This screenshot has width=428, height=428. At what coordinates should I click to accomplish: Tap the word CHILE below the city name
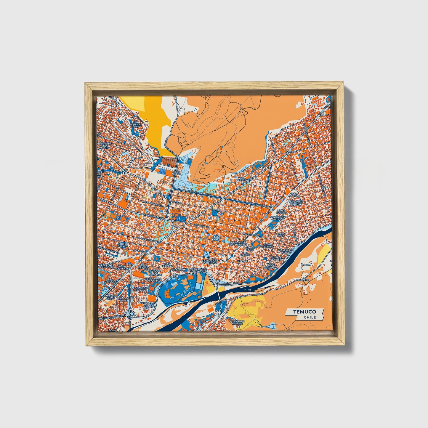(x=310, y=317)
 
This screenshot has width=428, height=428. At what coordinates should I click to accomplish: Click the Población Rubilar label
(x=237, y=322)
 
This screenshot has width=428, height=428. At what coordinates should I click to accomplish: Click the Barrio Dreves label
(x=122, y=245)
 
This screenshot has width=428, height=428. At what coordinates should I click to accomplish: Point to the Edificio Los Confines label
(x=155, y=272)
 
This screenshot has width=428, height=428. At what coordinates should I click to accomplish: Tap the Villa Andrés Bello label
(x=110, y=297)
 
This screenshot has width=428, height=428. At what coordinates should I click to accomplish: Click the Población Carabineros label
(x=238, y=243)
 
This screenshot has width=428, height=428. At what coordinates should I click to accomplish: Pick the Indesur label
(x=242, y=261)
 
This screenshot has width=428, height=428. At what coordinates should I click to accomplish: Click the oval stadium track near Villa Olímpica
(x=257, y=164)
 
